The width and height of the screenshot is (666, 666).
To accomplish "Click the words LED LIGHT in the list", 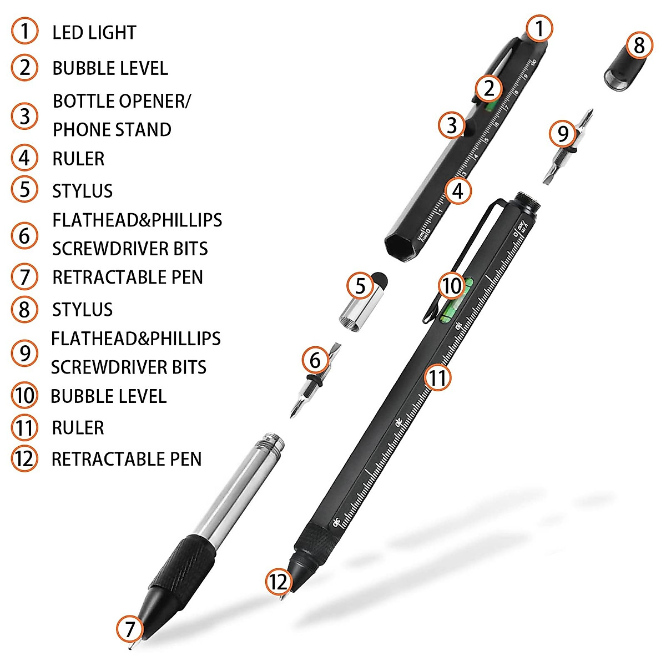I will [x=94, y=33].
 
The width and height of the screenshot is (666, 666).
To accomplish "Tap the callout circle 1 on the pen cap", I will [x=539, y=28].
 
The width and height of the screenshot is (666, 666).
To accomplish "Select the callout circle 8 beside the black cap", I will [x=639, y=45].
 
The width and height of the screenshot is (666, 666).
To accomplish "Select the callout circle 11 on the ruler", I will [x=438, y=378].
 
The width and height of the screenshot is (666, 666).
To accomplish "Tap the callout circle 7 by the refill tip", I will [x=129, y=629].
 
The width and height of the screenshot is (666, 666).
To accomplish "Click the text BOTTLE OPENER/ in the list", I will [x=122, y=102].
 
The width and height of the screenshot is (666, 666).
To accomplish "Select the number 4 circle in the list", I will [x=24, y=158].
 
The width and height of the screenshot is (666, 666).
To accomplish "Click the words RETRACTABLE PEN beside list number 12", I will [x=126, y=459].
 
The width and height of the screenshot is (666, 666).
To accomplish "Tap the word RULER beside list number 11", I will [x=78, y=428].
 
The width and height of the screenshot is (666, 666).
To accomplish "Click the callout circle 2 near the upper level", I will [x=488, y=88].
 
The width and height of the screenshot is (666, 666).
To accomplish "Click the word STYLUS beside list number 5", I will [x=82, y=191].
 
